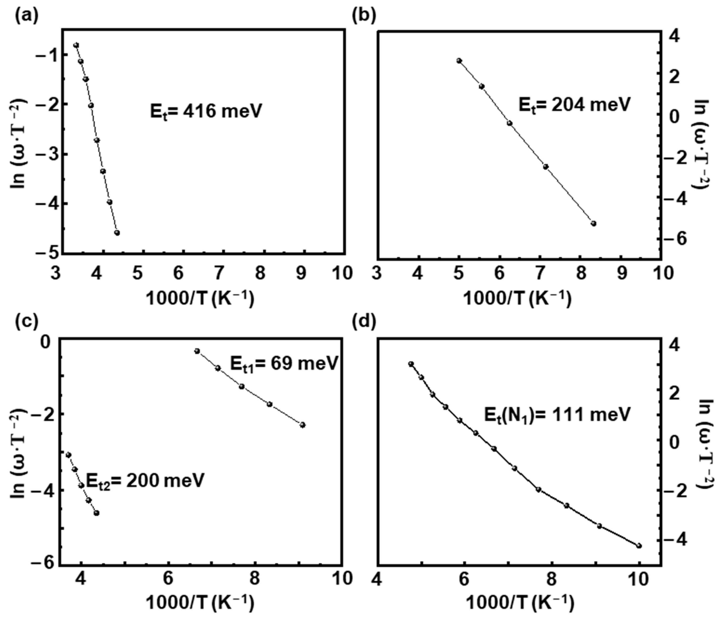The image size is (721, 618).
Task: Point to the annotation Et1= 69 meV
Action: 284,364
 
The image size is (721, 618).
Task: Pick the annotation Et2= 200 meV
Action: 145,481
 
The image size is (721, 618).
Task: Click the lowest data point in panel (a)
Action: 117,233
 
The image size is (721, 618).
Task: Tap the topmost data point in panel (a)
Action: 76,45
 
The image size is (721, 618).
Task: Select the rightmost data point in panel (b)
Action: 594,223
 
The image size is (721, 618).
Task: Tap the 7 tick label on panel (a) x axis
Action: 219,273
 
